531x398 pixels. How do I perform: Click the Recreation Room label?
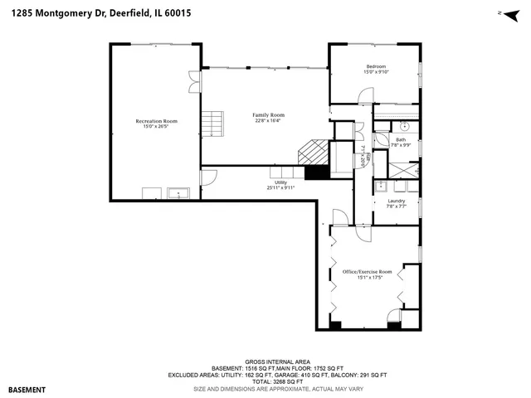click(x=156, y=121)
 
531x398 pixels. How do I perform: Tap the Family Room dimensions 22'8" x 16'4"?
click(x=268, y=121)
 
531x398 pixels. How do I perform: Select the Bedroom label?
click(x=375, y=66)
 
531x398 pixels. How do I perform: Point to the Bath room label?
click(x=401, y=139)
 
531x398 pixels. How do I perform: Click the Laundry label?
click(x=396, y=201)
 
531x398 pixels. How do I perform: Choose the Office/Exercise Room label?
click(x=367, y=271)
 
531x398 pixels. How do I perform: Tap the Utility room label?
click(x=280, y=182)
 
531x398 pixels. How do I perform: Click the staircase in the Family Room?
click(x=215, y=124)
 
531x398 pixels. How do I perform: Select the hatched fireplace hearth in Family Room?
click(x=313, y=153)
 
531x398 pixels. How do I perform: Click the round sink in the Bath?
click(x=404, y=128)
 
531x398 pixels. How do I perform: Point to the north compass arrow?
click(x=501, y=13)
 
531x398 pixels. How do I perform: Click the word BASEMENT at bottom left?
click(x=27, y=389)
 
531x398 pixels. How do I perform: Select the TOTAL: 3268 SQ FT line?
click(x=265, y=381)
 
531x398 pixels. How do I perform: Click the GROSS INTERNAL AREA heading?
click(x=265, y=362)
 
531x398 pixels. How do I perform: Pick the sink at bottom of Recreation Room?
click(x=179, y=194)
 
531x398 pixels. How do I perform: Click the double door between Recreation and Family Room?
click(x=194, y=80)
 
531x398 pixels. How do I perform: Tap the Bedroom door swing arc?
click(x=364, y=96)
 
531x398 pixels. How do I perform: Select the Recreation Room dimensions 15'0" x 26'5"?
click(x=156, y=127)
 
